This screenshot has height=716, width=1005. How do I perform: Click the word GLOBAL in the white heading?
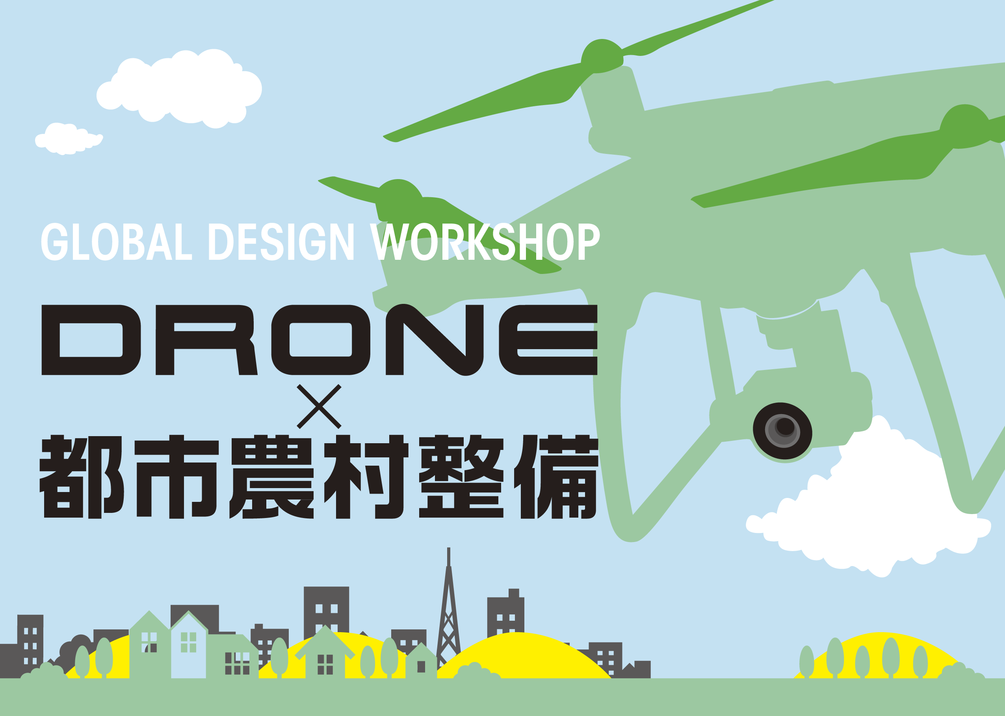117,241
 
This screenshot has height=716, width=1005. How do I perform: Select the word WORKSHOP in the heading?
485,241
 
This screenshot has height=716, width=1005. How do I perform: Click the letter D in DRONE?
91,340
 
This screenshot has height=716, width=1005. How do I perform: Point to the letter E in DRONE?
548,340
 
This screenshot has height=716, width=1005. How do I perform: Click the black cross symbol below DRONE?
319,407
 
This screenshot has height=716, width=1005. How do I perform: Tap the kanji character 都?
82,477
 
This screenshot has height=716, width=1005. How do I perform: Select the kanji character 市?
176,477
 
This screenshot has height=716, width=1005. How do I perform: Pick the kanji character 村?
366,477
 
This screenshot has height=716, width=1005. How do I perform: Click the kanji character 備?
556,477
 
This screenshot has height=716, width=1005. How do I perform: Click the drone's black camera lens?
782,431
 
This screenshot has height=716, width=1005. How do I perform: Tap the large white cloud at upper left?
179,88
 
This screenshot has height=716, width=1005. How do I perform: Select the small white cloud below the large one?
69,139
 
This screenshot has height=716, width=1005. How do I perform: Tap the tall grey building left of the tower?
327,611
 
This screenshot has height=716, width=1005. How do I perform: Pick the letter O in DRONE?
321,340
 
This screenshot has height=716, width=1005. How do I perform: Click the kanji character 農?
271,477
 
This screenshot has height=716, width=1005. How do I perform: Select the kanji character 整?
461,477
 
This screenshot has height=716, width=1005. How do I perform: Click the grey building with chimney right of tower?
505,613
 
